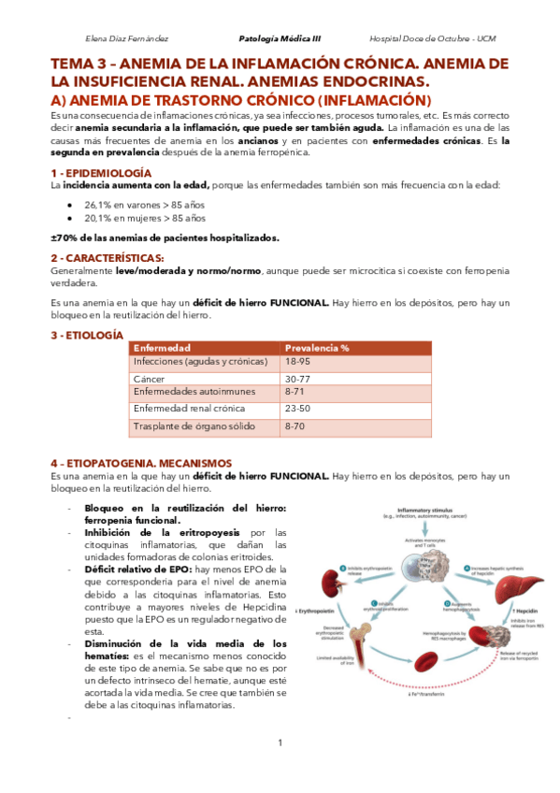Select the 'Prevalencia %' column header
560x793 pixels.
coord(317,348)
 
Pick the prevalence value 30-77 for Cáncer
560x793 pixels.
coord(297,378)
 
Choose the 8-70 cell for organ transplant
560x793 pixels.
coord(296,426)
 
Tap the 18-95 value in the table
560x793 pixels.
coord(297,361)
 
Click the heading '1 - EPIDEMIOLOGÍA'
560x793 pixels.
coord(100,173)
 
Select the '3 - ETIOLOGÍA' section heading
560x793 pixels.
coord(86,334)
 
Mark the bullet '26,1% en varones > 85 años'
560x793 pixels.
coord(144,204)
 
